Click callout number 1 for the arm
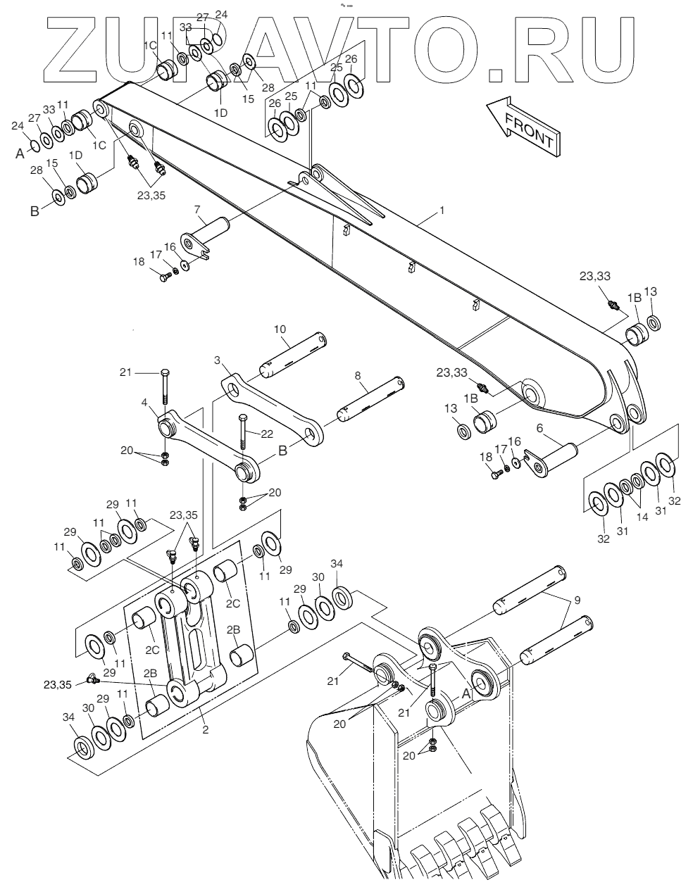[442, 210]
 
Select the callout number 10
[280, 329]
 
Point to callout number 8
[358, 377]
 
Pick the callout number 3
[218, 360]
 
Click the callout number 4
[144, 403]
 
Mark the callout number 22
[266, 434]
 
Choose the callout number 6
[539, 427]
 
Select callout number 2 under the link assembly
[205, 730]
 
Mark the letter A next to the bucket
[465, 692]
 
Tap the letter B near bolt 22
[282, 451]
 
